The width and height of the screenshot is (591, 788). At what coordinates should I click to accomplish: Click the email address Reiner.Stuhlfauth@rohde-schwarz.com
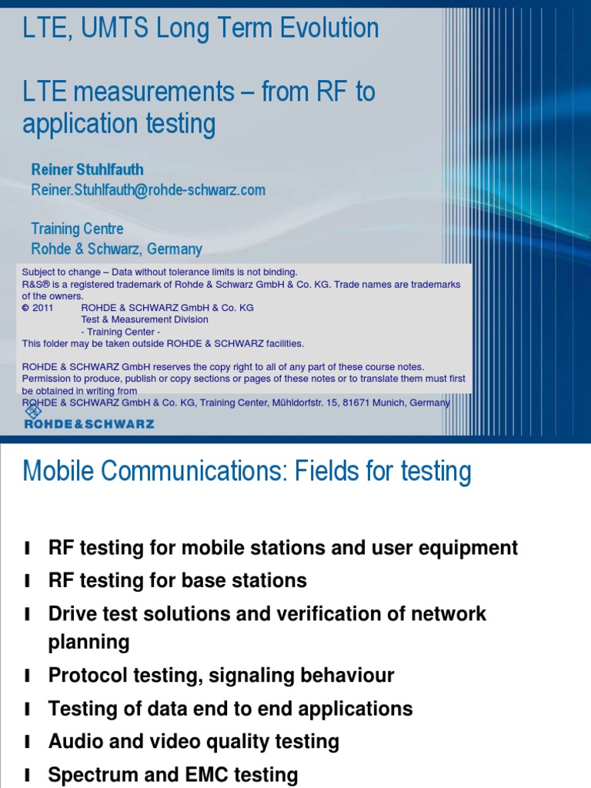click(x=149, y=189)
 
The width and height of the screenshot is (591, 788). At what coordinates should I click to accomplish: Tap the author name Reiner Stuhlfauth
click(x=87, y=169)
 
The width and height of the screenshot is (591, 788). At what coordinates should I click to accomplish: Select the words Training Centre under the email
click(x=77, y=229)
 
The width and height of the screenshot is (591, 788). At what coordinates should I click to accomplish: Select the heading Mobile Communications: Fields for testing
click(x=247, y=470)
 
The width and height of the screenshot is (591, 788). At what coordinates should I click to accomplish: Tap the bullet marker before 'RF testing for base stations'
click(x=28, y=581)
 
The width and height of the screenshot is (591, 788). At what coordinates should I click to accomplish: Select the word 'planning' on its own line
click(x=88, y=642)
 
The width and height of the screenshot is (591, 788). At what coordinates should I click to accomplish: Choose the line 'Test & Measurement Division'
click(x=145, y=319)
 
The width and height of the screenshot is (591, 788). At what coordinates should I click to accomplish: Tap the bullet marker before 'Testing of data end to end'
click(x=28, y=710)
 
